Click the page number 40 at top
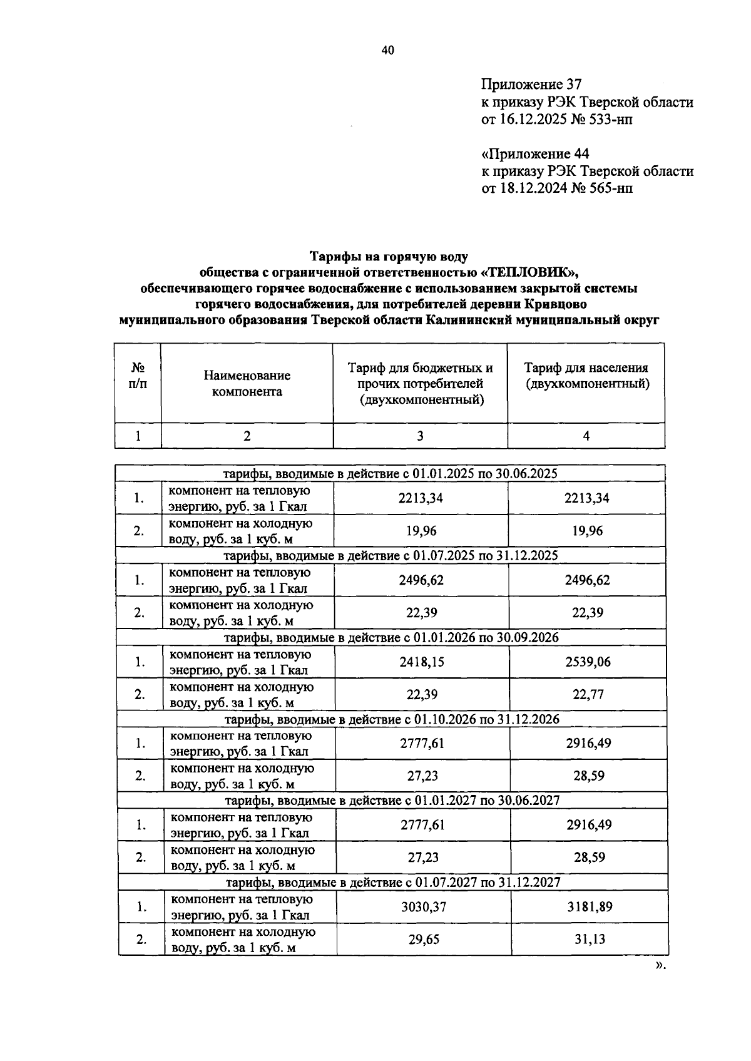(x=387, y=51)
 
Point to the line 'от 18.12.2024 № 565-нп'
(x=556, y=188)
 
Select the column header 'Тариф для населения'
(x=586, y=368)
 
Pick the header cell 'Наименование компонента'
(x=247, y=383)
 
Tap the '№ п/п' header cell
(x=138, y=376)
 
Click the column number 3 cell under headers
(x=420, y=436)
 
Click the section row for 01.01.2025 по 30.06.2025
(x=391, y=474)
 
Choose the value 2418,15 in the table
(x=422, y=662)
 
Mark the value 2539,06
(x=588, y=662)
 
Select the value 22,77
(x=588, y=694)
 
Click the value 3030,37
(x=423, y=906)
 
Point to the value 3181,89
(x=590, y=906)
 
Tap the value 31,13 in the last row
(x=590, y=939)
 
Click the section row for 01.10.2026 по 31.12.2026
(x=392, y=719)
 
